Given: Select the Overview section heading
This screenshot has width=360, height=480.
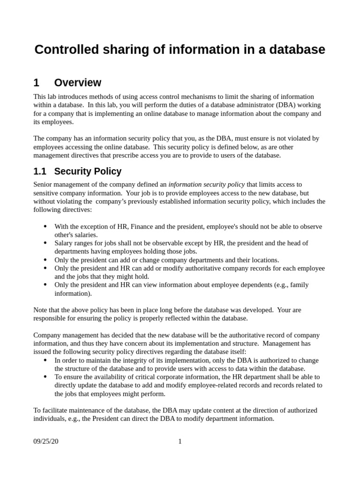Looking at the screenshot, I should click(x=77, y=83).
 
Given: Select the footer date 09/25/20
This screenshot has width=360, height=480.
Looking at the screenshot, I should click(x=46, y=441).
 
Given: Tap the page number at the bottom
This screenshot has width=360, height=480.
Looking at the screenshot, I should click(x=180, y=441).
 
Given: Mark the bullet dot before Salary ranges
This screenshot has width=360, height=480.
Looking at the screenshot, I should click(x=45, y=243).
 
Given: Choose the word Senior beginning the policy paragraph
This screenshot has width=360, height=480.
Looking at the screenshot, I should click(x=43, y=184).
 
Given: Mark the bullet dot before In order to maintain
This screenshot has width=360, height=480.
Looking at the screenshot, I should click(x=45, y=360).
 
